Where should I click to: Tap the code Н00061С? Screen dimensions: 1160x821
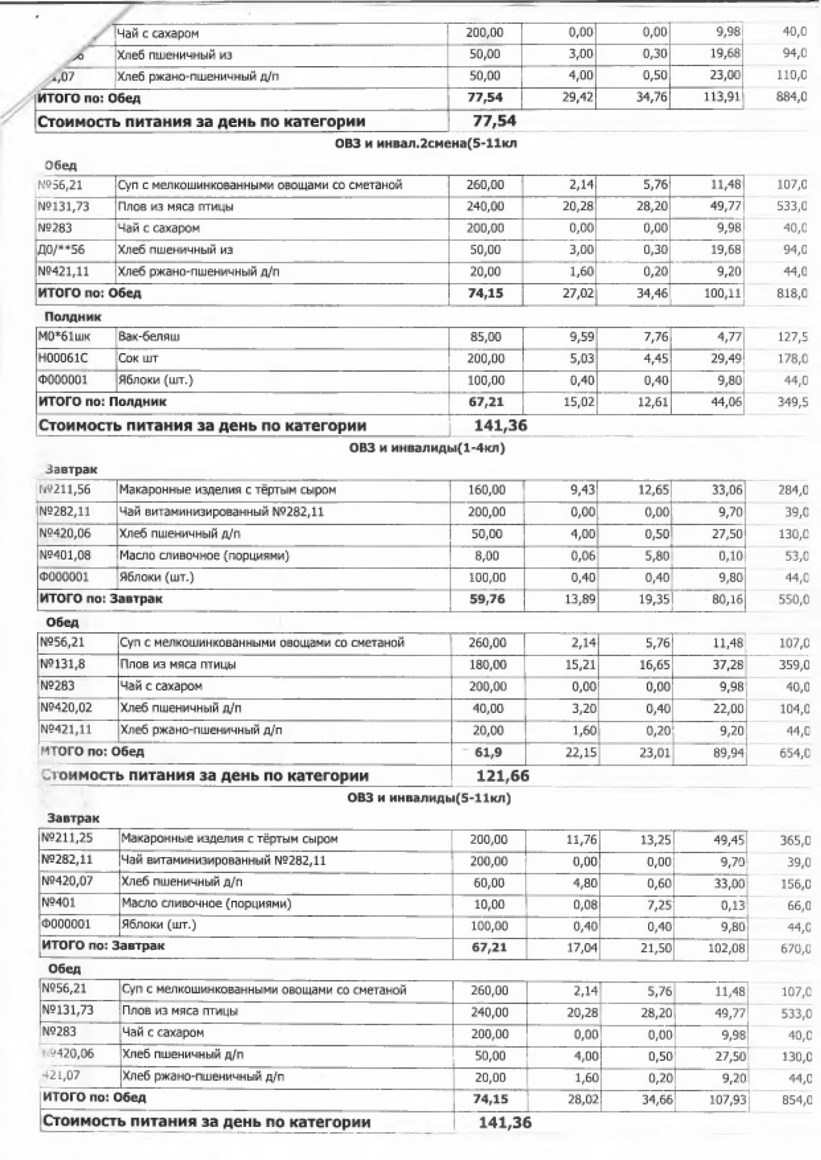[x=63, y=358]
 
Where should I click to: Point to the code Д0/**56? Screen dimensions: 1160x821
[x=61, y=250]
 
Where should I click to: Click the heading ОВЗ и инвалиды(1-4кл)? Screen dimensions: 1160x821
[x=426, y=448]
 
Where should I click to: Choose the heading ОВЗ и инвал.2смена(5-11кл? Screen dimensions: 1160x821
[x=425, y=143]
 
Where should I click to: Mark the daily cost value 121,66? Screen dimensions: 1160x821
[x=502, y=776]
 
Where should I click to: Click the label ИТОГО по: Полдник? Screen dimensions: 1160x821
[x=103, y=401]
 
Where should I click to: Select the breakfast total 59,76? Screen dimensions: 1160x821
[x=487, y=599]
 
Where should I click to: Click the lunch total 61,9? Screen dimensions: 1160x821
[x=489, y=752]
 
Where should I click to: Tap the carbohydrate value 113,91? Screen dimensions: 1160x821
[x=722, y=97]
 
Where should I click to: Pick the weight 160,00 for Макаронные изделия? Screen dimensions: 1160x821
[x=487, y=490]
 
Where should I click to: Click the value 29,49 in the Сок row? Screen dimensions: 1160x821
[x=726, y=359]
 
